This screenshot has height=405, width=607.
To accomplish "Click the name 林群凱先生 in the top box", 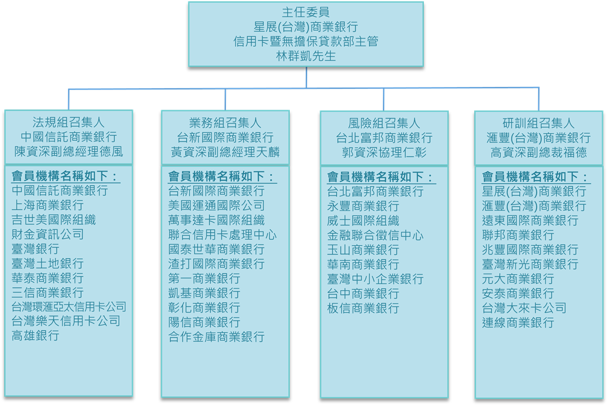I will [306, 57].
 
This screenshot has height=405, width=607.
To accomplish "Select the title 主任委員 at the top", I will [306, 12].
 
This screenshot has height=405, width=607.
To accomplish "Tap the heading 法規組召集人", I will [69, 123].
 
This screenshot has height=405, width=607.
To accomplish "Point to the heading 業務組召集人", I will [225, 123].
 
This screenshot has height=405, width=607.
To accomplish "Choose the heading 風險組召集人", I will [384, 123].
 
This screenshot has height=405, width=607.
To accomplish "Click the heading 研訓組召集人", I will [539, 123].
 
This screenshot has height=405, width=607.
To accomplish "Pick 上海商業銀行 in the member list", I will [47, 205].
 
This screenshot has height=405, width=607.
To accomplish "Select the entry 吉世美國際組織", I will [53, 220].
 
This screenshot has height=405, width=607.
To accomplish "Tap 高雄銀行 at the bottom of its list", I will [36, 336].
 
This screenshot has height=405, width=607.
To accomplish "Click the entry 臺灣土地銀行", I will [47, 263].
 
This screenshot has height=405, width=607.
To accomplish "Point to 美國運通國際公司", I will [216, 205].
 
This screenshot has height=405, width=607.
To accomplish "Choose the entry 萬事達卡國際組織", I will [216, 220].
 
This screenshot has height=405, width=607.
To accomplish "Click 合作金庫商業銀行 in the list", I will [216, 337].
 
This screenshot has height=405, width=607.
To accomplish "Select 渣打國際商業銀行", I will [216, 264].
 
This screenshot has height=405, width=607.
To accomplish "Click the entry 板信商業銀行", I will [363, 308].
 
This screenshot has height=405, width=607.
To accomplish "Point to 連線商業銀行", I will [518, 323].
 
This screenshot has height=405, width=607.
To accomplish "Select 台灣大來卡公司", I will [524, 308].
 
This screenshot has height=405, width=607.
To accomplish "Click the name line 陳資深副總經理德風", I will [69, 152].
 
